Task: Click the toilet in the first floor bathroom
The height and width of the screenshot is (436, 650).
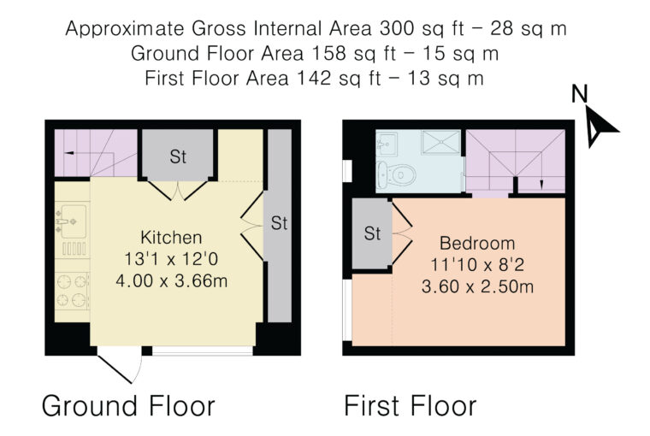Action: [396, 174]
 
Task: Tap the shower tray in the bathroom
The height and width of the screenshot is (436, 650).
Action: [440, 142]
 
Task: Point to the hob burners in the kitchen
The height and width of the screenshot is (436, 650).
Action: [72, 291]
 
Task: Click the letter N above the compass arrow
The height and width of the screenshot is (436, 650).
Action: [580, 94]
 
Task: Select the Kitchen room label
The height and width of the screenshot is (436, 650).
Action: [171, 238]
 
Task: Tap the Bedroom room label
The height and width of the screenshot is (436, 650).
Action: [477, 244]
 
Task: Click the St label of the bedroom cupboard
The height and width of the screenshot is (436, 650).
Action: [372, 233]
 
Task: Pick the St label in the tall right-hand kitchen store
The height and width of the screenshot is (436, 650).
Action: [279, 223]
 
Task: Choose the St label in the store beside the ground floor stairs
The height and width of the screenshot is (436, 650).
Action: [178, 156]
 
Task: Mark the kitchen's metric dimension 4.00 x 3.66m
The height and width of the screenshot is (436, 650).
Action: [172, 281]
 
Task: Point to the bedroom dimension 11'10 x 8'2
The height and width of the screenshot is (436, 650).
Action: [477, 264]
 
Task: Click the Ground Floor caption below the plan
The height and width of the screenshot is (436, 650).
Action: [128, 406]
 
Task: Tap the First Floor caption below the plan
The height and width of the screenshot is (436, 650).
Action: [411, 406]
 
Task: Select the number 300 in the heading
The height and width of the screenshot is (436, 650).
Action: [396, 28]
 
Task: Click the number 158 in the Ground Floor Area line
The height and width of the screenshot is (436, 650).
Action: [328, 54]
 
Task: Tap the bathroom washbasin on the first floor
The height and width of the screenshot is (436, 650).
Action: [387, 144]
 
